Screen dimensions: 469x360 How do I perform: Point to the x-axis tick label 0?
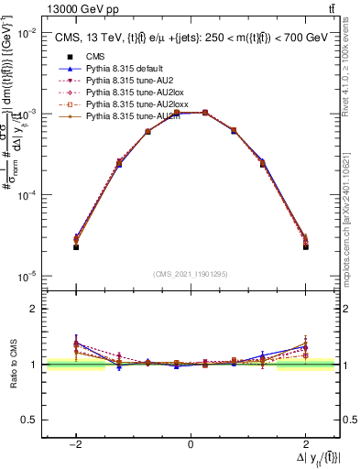point(191,444)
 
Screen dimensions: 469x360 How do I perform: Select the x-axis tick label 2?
point(306,444)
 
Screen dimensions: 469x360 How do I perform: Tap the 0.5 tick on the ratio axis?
point(31,419)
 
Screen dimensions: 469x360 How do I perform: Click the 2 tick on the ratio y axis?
point(36,309)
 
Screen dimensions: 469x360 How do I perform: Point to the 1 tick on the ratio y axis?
point(36,364)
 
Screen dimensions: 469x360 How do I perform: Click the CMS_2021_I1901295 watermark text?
point(191,275)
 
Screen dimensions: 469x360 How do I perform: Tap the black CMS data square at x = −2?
point(76,247)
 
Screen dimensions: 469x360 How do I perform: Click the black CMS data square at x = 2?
point(305,247)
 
